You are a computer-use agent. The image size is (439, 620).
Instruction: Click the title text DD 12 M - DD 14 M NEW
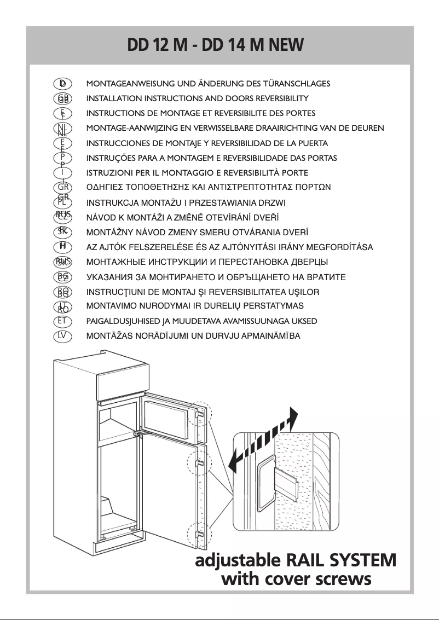tap(215, 44)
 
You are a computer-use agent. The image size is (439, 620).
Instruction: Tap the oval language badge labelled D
tap(63, 84)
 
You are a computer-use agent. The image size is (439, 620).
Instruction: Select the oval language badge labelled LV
tap(63, 335)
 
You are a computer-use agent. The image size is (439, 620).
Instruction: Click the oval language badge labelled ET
tap(63, 321)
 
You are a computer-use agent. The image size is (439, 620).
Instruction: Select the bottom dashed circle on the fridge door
tap(199, 534)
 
